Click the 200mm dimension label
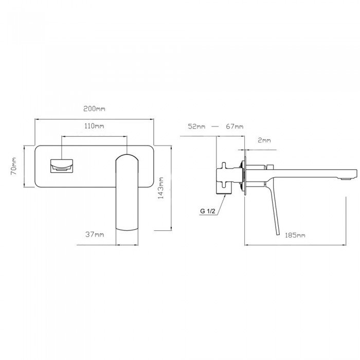pos(94,109)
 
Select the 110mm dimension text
pos(94,126)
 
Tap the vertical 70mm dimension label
pos(14,166)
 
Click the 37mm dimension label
pos(95,235)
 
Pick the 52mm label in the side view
pos(196,127)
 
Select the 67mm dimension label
pos(235,127)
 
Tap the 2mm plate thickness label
pos(264,140)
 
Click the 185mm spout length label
pos(295,235)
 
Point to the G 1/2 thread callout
pos(208,211)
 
